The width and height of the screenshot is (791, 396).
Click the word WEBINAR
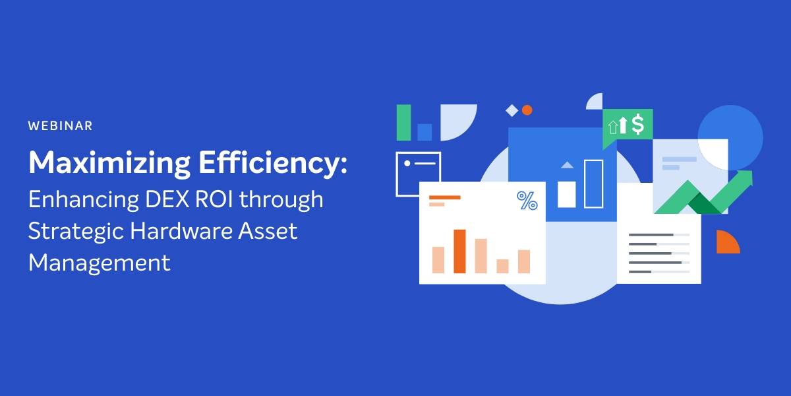coord(61,126)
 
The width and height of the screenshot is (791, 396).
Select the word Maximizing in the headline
coord(109,163)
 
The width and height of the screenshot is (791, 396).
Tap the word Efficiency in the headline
coord(270,163)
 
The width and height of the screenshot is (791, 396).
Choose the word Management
coord(100,263)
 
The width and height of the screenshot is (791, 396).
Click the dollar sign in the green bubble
coord(638,125)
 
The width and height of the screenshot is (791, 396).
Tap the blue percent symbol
coord(527,201)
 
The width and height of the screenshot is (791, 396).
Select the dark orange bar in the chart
coord(459,251)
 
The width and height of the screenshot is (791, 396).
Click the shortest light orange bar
coord(502,266)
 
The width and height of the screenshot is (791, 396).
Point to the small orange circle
coord(527,110)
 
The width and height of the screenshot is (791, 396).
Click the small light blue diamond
coord(512,111)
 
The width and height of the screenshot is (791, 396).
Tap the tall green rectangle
coord(403,123)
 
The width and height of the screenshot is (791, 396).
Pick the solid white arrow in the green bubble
coord(622,125)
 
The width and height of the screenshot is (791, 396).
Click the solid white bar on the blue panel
coord(566,195)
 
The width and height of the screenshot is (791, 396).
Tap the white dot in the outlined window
coord(407,164)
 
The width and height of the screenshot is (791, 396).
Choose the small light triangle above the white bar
coord(567,166)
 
